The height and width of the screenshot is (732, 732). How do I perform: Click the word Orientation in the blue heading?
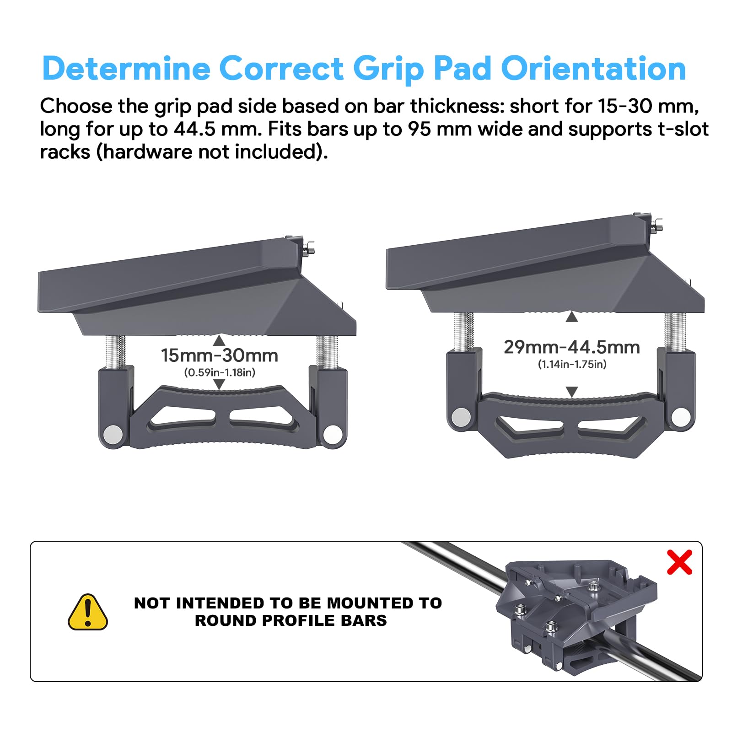tap(593, 69)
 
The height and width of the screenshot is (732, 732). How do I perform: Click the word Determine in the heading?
tap(126, 69)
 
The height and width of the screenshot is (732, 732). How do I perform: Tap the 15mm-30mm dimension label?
tap(220, 355)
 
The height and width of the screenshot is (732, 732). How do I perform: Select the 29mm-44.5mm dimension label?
tap(572, 347)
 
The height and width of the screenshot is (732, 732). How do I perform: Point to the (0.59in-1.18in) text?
tap(220, 372)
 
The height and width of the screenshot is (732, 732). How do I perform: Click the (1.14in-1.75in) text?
tap(572, 364)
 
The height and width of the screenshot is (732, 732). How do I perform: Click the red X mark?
tap(679, 562)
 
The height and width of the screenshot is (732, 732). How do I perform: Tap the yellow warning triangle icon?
tap(88, 612)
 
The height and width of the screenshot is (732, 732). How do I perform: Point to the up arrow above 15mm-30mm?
tap(219, 340)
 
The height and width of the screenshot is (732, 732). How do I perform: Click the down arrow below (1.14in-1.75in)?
tap(572, 392)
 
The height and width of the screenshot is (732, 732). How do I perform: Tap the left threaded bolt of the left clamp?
tap(116, 351)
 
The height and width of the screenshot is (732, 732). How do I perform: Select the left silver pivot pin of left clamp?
tap(113, 434)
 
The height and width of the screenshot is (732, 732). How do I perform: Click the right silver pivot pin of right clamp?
tap(680, 416)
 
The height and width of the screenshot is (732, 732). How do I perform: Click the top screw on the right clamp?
tap(657, 224)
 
